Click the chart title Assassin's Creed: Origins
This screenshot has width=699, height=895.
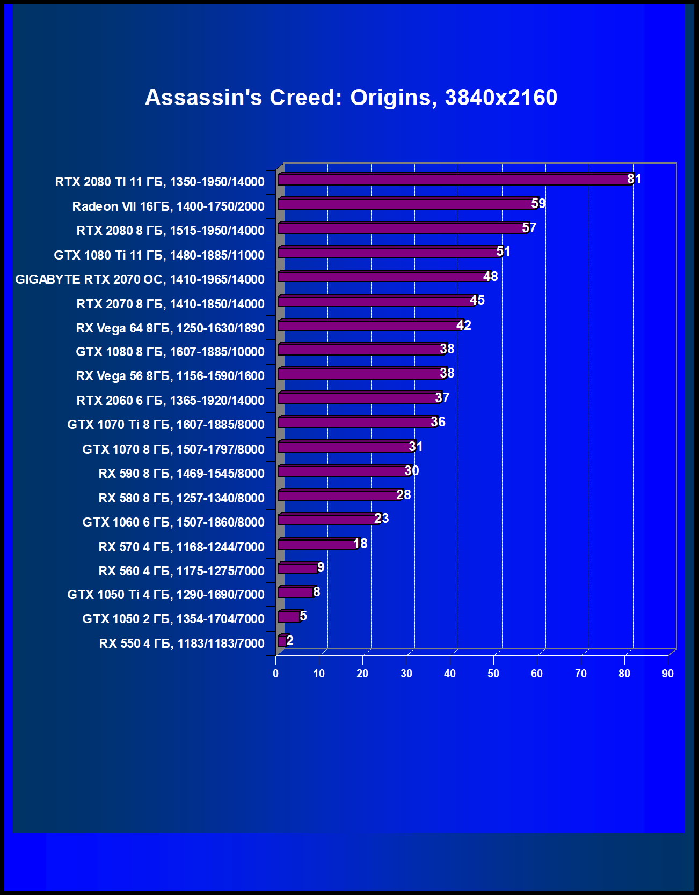click(351, 98)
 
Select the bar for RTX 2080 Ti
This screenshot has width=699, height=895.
click(454, 180)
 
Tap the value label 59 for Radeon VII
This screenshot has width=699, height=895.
click(538, 204)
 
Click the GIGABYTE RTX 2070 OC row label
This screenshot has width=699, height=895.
click(140, 279)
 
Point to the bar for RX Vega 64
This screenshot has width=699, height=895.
click(368, 326)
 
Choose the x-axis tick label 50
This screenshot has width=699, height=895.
click(493, 674)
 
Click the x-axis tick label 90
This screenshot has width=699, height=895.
click(667, 674)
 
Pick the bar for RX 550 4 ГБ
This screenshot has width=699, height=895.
click(282, 641)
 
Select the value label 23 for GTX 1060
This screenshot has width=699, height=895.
click(381, 519)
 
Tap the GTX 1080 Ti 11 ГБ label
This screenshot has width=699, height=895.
click(159, 255)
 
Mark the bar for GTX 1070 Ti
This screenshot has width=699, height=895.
click(355, 423)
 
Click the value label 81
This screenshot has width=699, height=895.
click(634, 179)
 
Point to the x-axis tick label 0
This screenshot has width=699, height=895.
click(276, 674)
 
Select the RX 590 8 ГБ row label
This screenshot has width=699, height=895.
click(181, 474)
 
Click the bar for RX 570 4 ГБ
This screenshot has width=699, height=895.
click(317, 544)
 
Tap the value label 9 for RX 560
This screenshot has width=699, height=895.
click(321, 567)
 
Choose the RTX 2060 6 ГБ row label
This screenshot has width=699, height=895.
click(170, 401)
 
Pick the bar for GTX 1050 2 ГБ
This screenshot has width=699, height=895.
click(289, 617)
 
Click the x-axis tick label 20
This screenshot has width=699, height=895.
click(362, 674)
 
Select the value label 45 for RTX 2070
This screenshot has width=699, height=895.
click(477, 300)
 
